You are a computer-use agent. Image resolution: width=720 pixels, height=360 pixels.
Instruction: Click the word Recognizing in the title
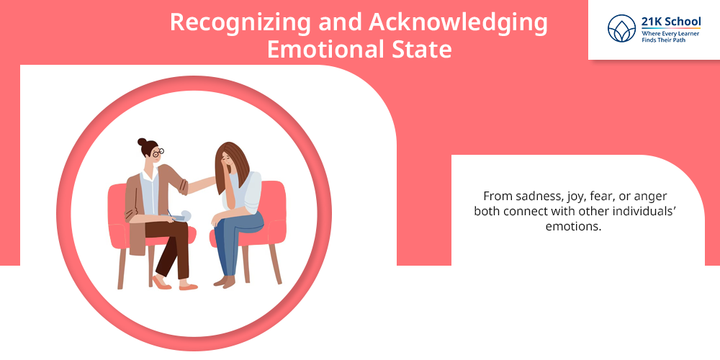pos(240,22)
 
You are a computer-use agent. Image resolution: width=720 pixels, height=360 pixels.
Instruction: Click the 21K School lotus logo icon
pos(621,28)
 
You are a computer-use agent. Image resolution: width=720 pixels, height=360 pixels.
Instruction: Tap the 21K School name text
pos(671,22)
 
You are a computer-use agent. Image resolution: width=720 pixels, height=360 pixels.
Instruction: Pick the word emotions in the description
pos(573,226)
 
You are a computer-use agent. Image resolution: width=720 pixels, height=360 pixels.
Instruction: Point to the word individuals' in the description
pos(647,212)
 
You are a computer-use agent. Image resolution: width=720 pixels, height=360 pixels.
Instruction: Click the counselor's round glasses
pos(158,153)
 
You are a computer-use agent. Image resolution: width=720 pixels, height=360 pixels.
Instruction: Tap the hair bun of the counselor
pos(142,142)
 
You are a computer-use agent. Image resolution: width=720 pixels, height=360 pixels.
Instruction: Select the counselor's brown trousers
pos(169,248)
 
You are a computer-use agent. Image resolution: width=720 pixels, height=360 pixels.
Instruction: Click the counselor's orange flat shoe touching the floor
pos(188,287)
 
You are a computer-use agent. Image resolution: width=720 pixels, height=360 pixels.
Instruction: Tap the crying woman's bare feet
pos(225,281)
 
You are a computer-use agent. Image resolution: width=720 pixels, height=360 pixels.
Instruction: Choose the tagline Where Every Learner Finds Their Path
pos(670,37)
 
